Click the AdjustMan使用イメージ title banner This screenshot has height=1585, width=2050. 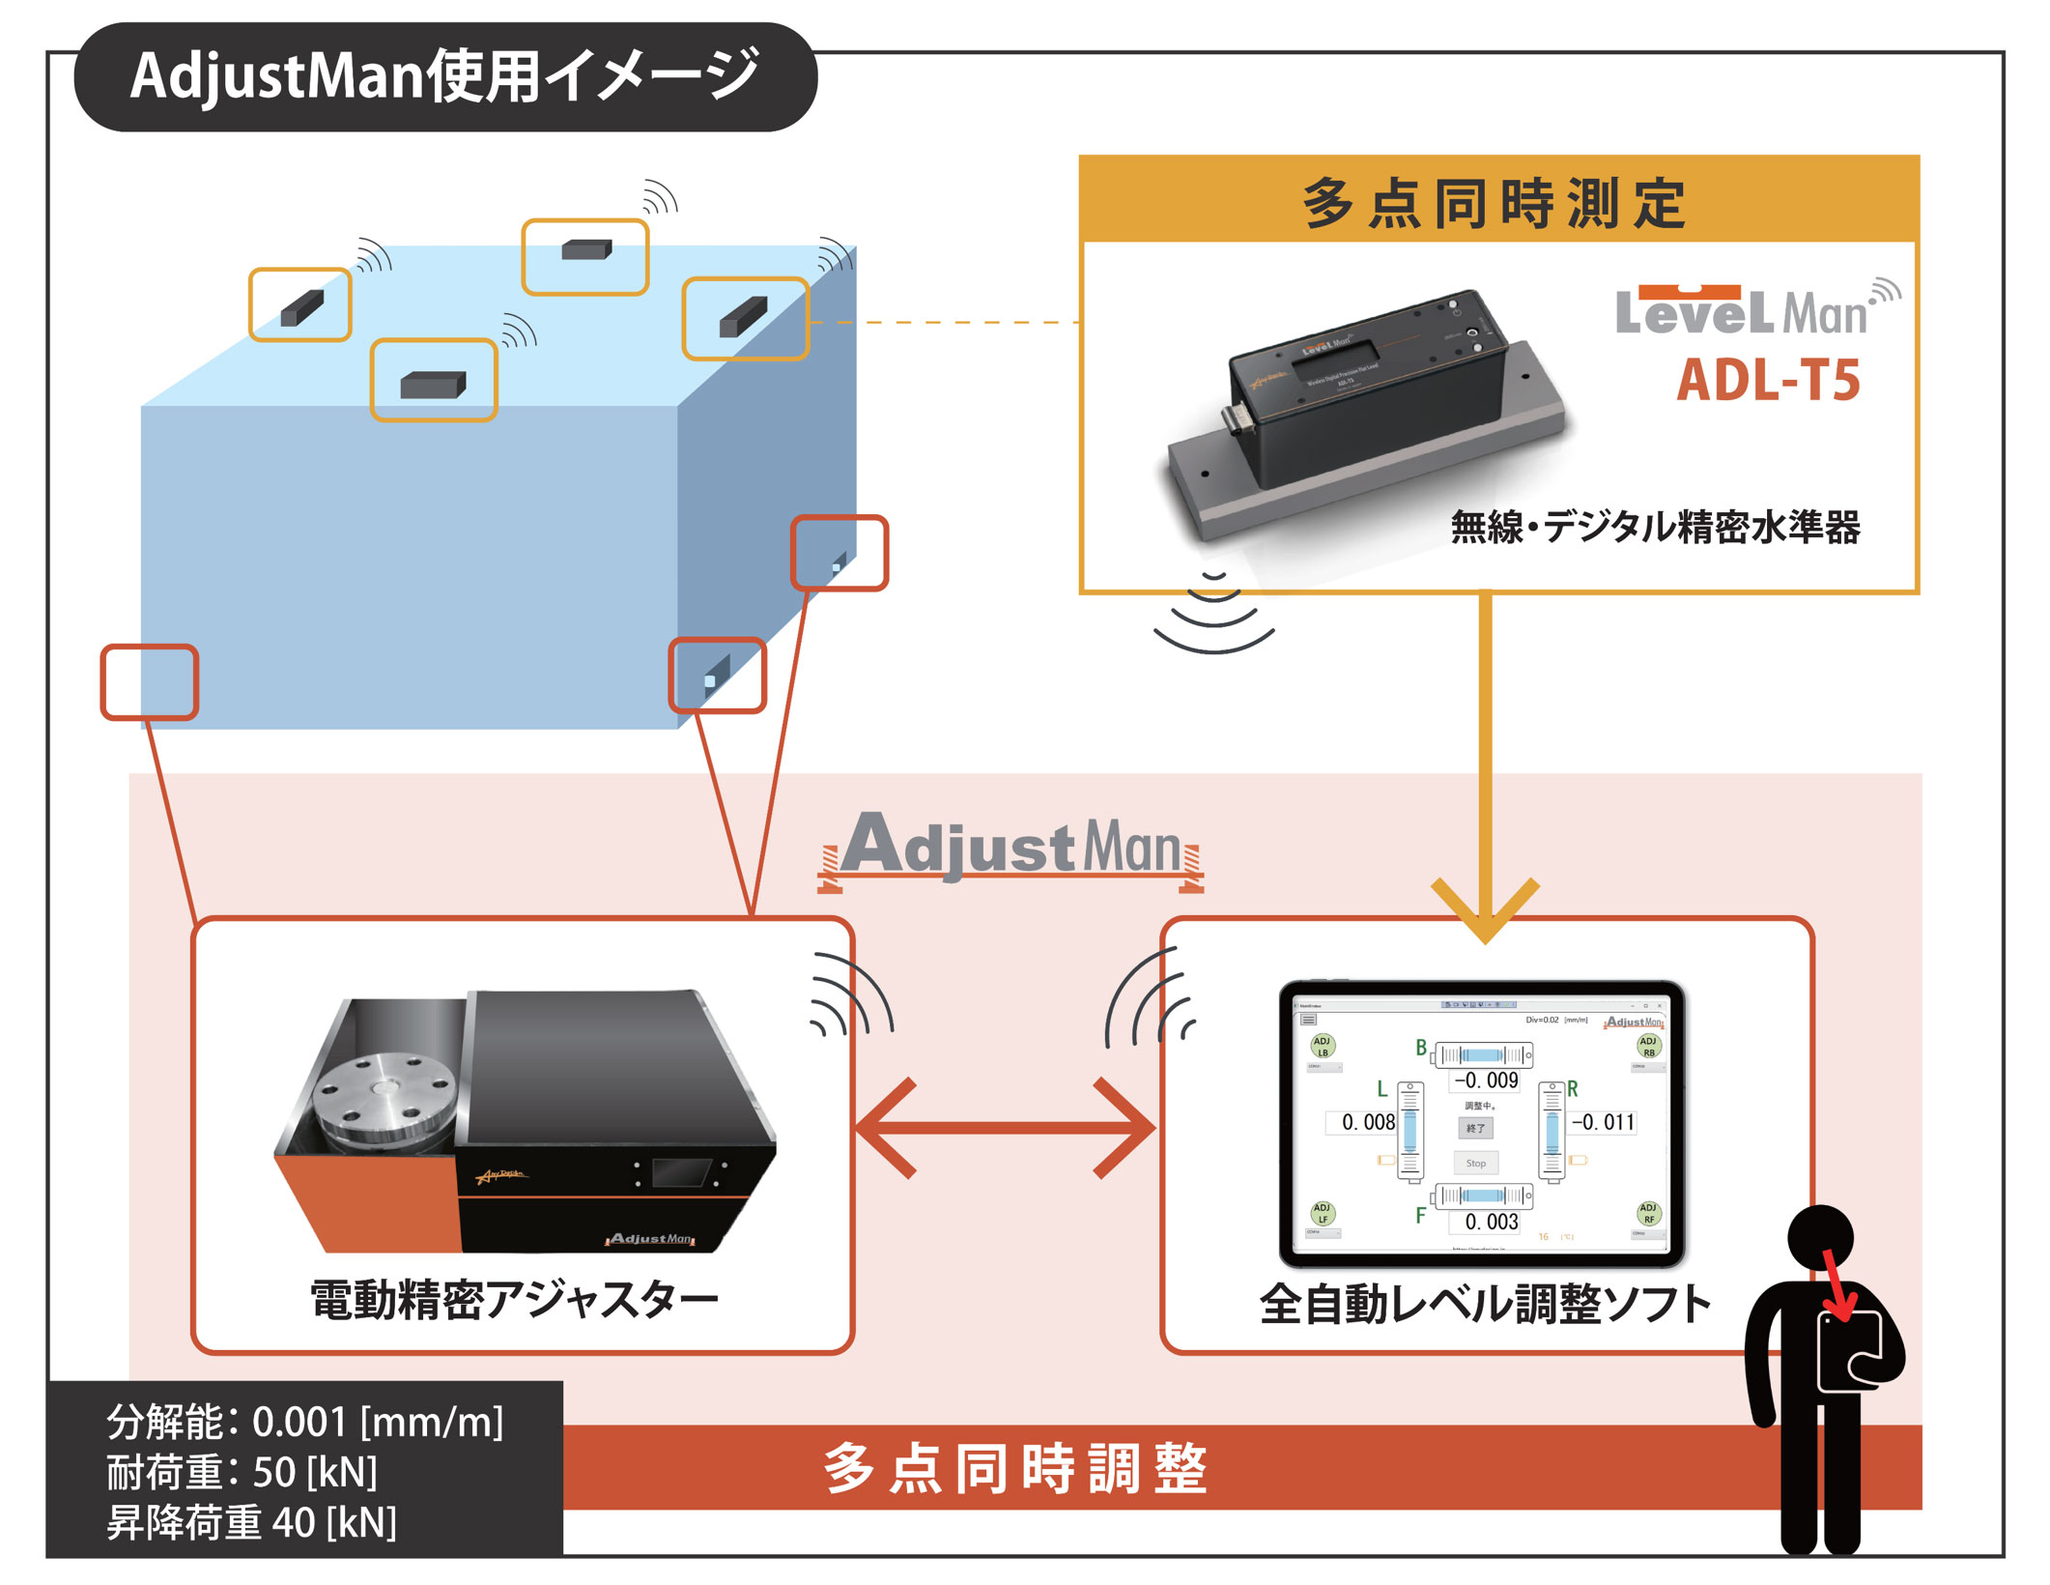tap(444, 77)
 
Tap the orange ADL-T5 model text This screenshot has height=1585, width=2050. tap(1768, 380)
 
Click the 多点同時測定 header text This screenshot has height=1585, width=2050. tap(1495, 203)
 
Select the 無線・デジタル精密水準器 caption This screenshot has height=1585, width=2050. tap(1655, 527)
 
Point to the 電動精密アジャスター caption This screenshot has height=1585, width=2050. tap(514, 1300)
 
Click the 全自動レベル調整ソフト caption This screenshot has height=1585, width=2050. tap(1485, 1305)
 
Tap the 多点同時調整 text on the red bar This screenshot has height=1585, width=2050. tap(1014, 1468)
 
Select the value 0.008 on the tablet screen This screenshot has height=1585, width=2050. tap(1367, 1122)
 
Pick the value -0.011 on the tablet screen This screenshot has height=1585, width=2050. tap(1604, 1122)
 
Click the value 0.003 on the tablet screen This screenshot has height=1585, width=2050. tap(1491, 1222)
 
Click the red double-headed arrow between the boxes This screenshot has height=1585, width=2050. tap(1006, 1128)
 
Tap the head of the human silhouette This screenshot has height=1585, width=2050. tap(1819, 1237)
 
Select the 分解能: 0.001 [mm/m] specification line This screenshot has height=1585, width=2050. tap(304, 1423)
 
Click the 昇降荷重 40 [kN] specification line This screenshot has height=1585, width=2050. tap(251, 1523)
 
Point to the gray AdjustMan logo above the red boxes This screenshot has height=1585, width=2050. tap(1011, 848)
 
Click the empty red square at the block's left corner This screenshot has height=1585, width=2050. tap(150, 682)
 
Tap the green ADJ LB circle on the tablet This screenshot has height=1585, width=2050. tap(1323, 1046)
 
